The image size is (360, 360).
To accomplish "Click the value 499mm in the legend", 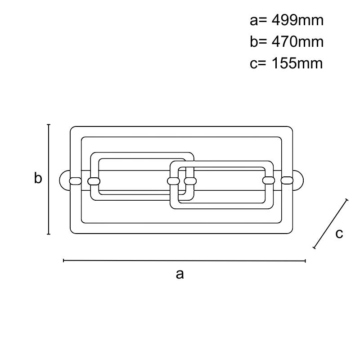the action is (297, 20).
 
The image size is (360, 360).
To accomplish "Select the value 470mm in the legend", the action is (297, 42).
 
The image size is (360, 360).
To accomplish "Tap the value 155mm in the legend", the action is (297, 63).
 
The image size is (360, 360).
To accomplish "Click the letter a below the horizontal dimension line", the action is (180, 274).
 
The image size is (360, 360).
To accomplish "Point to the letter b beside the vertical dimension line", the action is (38, 178).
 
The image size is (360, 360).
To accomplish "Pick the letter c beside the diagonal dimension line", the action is (339, 234).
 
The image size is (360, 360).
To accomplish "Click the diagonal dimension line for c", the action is (330, 224).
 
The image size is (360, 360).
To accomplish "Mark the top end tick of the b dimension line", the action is (49, 125).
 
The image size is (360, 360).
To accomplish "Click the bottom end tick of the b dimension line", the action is (49, 234).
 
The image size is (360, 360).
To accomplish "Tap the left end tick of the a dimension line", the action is (63, 261).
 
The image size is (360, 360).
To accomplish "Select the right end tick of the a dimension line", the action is (305, 261).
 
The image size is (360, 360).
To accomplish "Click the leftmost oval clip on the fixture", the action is (75, 181).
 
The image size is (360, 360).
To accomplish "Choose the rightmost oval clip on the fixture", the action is (287, 180).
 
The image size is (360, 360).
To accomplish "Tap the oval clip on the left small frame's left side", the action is (94, 181).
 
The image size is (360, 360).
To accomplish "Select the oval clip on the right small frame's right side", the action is (269, 180).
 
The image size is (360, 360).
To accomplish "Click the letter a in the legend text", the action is (254, 21).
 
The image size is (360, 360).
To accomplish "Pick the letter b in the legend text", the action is (254, 42).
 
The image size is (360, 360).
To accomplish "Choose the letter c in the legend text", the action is (253, 64).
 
